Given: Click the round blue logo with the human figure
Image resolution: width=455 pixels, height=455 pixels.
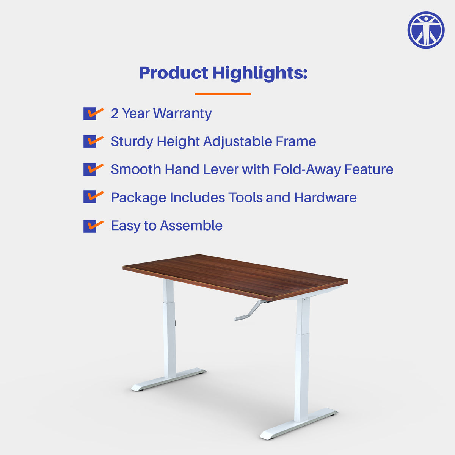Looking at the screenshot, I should click(426, 30).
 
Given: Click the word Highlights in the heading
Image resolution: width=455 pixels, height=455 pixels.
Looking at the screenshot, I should click(260, 73).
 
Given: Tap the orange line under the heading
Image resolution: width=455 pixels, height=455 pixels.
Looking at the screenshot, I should click(223, 94).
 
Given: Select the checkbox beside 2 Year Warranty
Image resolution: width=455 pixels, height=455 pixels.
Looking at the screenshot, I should click(90, 114).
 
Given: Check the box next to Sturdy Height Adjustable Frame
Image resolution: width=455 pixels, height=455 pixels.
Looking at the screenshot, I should click(90, 142).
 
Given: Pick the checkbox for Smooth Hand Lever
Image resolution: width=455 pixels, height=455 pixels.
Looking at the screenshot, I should click(90, 169).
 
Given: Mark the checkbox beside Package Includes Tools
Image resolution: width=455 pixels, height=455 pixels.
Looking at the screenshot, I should click(90, 198).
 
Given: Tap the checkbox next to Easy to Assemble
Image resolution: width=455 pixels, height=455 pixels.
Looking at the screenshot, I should click(90, 226).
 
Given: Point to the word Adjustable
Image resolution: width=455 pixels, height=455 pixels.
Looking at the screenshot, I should click(238, 141).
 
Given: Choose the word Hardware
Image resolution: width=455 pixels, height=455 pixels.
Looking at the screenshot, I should click(325, 198).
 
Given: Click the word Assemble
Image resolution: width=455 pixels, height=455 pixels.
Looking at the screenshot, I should click(191, 226).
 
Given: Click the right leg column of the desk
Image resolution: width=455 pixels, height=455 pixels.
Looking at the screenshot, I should click(302, 360).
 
